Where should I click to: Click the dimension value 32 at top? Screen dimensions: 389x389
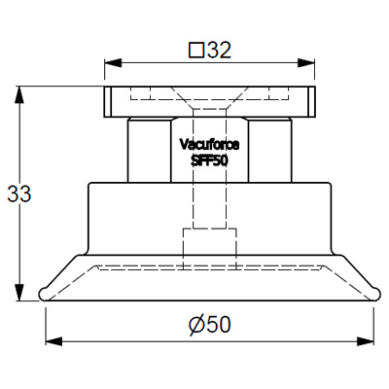click(x=219, y=51)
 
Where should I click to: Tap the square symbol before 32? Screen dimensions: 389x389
click(x=196, y=51)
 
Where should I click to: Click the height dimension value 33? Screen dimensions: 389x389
click(x=19, y=194)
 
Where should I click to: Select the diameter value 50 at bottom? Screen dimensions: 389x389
click(x=219, y=325)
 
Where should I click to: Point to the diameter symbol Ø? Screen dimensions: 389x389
click(x=196, y=325)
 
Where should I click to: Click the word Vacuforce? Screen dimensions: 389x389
click(x=209, y=145)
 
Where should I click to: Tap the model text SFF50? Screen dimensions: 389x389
click(x=209, y=161)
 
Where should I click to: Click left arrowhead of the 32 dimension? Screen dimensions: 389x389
click(x=113, y=63)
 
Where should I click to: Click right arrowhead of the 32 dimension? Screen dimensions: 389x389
click(x=306, y=63)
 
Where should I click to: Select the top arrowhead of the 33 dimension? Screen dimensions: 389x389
click(x=19, y=95)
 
